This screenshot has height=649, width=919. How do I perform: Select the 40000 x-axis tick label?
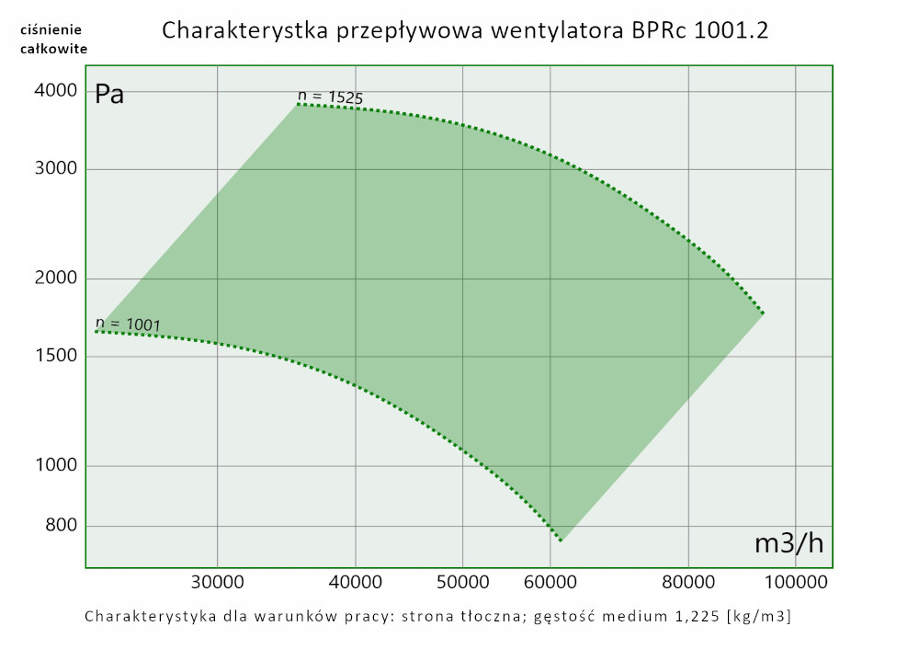pos(356,582)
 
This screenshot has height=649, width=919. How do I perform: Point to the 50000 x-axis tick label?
pos(462,582)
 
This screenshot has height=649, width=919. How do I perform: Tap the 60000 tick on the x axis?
pos(550,582)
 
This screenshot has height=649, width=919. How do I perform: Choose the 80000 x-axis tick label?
pos(688,582)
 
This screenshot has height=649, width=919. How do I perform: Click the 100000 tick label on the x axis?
pos(796,582)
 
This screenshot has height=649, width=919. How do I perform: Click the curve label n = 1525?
pos(330,96)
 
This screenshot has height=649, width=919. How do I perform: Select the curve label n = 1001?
pos(128,324)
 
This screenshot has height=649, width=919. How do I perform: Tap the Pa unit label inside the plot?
pos(110,94)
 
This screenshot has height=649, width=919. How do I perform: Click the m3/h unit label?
pos(789,543)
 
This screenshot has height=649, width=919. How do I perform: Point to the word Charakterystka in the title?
pos(242,30)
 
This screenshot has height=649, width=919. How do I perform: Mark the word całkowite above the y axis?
pos(54,49)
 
